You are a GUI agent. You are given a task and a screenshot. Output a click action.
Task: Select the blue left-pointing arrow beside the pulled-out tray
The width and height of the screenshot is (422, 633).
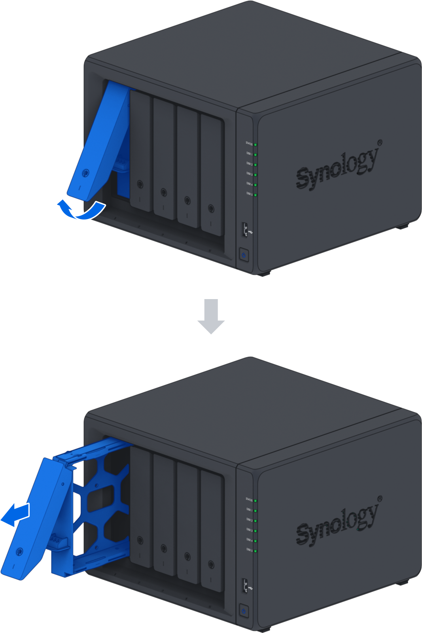(x=16, y=514)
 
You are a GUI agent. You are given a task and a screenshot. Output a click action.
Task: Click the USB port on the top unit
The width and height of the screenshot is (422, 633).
(x=245, y=229)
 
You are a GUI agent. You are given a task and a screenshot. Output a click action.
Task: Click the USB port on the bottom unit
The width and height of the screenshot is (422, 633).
(x=245, y=586)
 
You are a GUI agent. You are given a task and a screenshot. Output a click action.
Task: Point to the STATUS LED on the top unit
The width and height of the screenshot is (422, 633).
(x=255, y=145)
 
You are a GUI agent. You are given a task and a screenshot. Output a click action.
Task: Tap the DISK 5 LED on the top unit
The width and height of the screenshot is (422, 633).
(x=255, y=195)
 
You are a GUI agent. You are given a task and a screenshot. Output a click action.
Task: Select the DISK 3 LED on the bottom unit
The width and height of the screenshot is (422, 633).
(x=255, y=531)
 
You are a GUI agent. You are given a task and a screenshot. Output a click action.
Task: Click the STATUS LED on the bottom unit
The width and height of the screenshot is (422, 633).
(x=255, y=501)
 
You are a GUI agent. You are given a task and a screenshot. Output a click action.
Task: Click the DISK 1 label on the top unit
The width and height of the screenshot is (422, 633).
(x=249, y=154)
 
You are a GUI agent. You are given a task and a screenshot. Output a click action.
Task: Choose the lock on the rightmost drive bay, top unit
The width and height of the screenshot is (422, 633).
(x=211, y=208)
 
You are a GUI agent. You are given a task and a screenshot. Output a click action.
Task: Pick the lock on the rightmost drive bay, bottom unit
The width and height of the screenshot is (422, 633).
(x=211, y=565)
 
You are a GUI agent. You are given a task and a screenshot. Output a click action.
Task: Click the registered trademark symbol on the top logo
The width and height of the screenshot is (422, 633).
(x=380, y=142)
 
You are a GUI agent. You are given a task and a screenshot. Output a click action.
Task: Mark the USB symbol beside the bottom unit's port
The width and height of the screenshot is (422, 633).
(x=250, y=588)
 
